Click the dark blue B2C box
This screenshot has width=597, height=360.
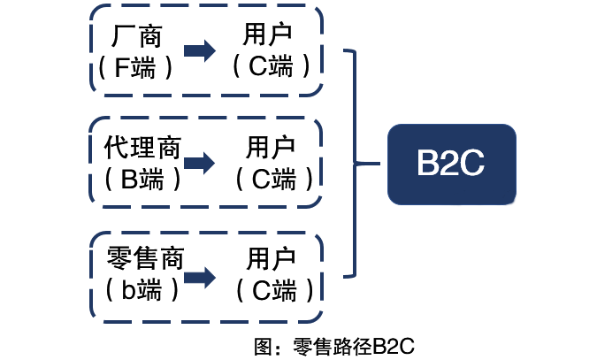tap(451, 163)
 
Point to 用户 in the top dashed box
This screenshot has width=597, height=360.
tap(267, 34)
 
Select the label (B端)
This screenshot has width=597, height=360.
tap(142, 179)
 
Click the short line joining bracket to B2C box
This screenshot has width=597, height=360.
tap(371, 164)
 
